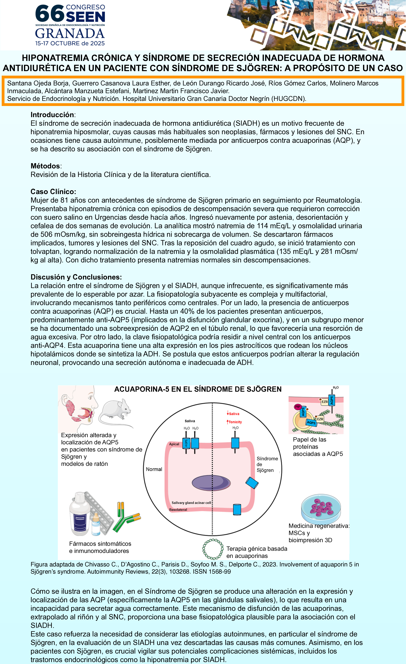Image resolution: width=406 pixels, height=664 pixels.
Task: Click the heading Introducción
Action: (x=52, y=115)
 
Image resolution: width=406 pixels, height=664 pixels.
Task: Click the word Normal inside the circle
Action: (x=154, y=469)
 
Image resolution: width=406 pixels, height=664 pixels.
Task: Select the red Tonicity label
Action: (x=235, y=422)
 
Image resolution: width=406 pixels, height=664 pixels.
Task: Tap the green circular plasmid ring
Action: (x=213, y=549)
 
